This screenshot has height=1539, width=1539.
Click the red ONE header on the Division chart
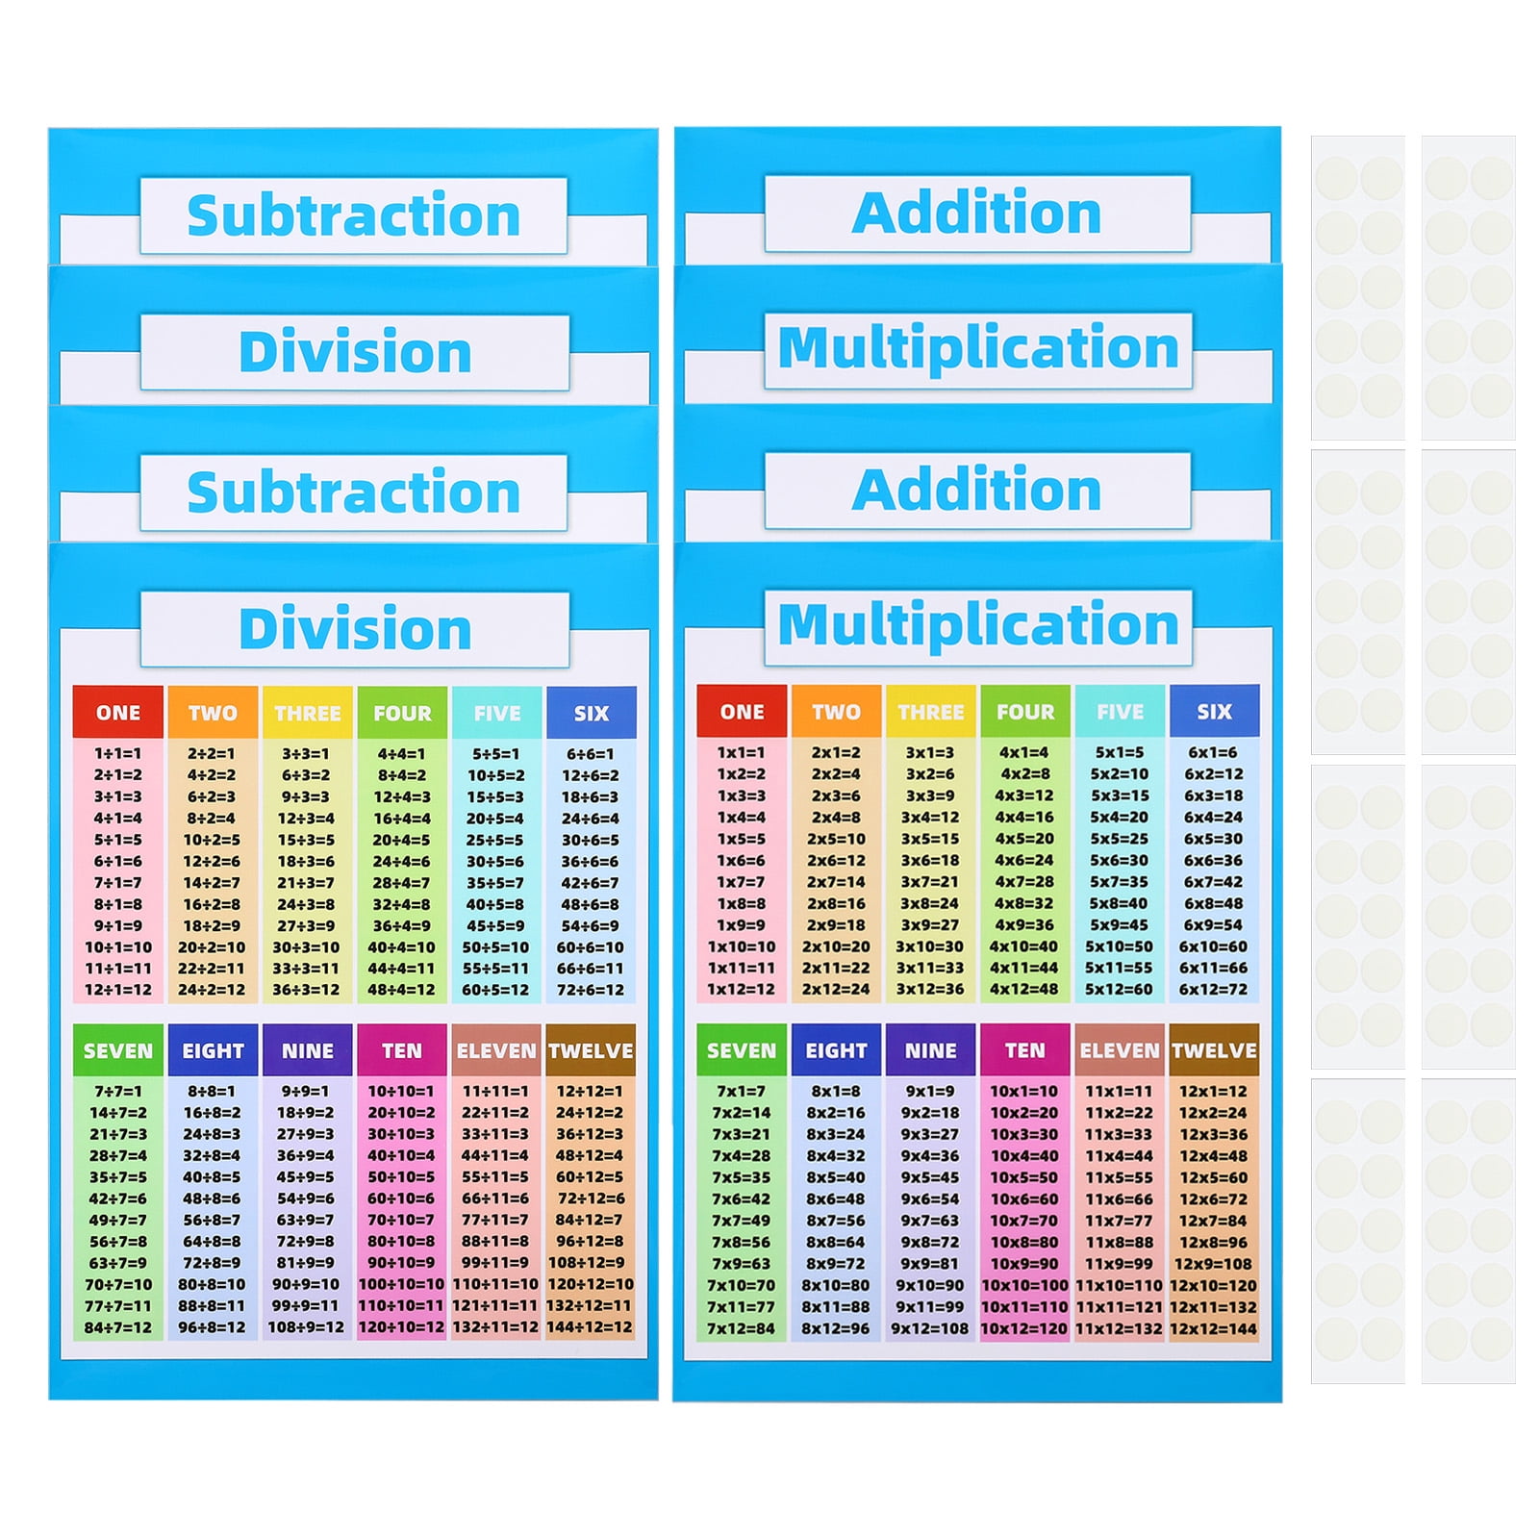point(117,713)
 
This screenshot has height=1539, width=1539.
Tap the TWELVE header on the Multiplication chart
point(1214,1050)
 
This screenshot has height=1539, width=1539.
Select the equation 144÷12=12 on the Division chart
point(590,1327)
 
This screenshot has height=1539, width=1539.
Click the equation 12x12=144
point(1214,1328)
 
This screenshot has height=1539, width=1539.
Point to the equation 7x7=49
point(741,1221)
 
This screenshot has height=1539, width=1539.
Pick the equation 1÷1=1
point(117,754)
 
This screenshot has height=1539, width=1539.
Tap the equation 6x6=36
point(1214,860)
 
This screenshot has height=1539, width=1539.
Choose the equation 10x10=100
point(1024,1285)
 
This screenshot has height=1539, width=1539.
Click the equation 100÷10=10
point(401,1284)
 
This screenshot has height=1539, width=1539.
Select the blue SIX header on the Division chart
point(591,713)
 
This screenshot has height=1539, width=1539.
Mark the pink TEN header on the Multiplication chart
point(1024,1050)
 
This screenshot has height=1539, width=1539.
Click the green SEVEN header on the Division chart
point(117,1050)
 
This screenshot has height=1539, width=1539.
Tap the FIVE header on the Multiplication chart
point(1120,712)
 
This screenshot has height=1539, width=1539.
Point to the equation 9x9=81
point(930,1263)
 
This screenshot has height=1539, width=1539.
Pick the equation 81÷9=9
point(306,1263)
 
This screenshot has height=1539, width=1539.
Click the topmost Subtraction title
point(353,214)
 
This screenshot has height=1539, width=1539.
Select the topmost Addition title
point(976,213)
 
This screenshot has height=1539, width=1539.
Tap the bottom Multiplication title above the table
point(977,625)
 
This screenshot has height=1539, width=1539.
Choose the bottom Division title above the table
point(354,629)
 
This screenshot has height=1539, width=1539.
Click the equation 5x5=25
point(1120,839)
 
